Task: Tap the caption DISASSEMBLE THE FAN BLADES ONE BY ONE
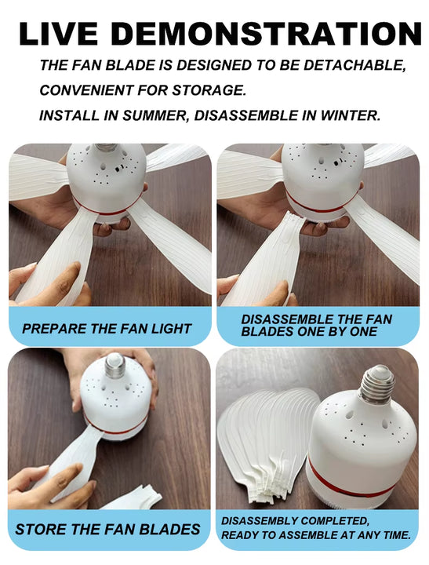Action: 317,326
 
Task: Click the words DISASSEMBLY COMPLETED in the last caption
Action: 294,520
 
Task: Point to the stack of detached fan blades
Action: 267,439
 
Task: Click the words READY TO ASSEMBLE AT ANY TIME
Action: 315,535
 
